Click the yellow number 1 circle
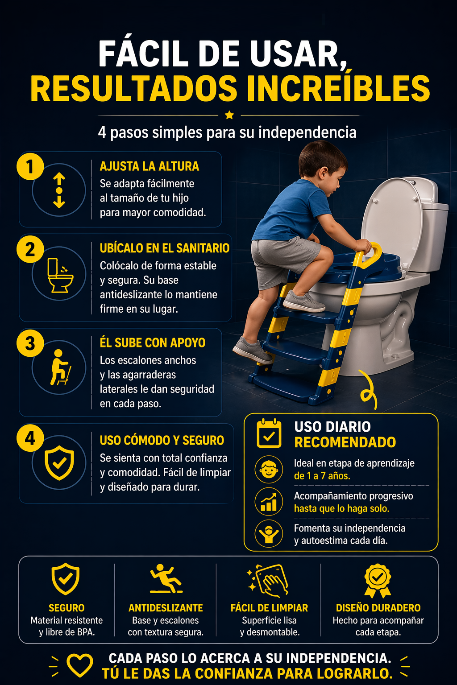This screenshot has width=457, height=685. (x=30, y=167)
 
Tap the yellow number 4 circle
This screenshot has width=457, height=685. (x=30, y=438)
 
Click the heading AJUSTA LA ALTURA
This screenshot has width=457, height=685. (x=149, y=166)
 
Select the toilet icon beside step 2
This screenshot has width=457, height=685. (x=59, y=275)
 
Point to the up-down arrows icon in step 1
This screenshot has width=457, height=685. (x=59, y=190)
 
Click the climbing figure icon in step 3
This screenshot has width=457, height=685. (x=60, y=367)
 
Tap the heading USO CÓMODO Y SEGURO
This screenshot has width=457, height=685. (x=162, y=440)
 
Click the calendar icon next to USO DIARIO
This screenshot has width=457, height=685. (x=269, y=433)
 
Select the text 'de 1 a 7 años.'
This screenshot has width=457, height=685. (x=322, y=476)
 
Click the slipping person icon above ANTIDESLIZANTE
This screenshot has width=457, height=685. (x=166, y=579)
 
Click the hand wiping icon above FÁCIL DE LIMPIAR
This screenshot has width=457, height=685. (x=269, y=580)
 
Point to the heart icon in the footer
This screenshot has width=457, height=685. (x=79, y=665)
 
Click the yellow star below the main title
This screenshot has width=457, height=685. (x=229, y=115)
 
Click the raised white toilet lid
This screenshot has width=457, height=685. (x=391, y=219)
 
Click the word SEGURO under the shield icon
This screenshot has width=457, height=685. (x=66, y=608)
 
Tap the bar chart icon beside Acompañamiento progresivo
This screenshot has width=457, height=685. (x=269, y=502)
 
